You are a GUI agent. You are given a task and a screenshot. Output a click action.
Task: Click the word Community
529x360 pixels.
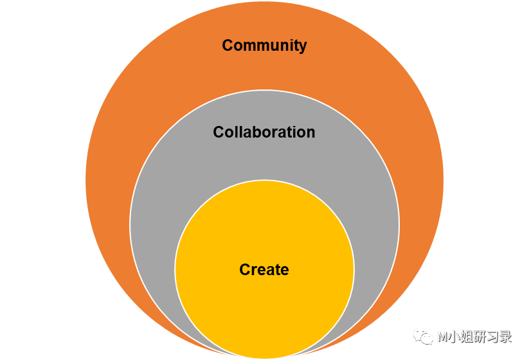tap(264, 46)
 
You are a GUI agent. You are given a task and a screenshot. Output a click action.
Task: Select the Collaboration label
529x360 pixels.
tap(264, 132)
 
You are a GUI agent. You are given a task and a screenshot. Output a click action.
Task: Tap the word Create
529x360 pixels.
tap(264, 270)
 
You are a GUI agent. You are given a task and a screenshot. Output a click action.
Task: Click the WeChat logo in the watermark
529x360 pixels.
tap(423, 336)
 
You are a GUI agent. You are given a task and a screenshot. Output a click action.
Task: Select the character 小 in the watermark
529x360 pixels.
tap(453, 336)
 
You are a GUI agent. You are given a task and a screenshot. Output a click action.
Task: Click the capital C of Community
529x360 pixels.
tap(228, 46)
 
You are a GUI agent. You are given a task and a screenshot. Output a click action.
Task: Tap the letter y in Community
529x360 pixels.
tap(303, 47)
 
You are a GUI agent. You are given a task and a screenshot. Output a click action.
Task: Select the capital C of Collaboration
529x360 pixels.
tap(219, 132)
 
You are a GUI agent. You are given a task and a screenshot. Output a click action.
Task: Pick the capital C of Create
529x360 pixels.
tap(245, 270)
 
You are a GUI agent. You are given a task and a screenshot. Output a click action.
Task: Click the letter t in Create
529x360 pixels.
tap(277, 270)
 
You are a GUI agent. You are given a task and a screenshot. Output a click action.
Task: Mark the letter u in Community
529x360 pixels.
tap(273, 46)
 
